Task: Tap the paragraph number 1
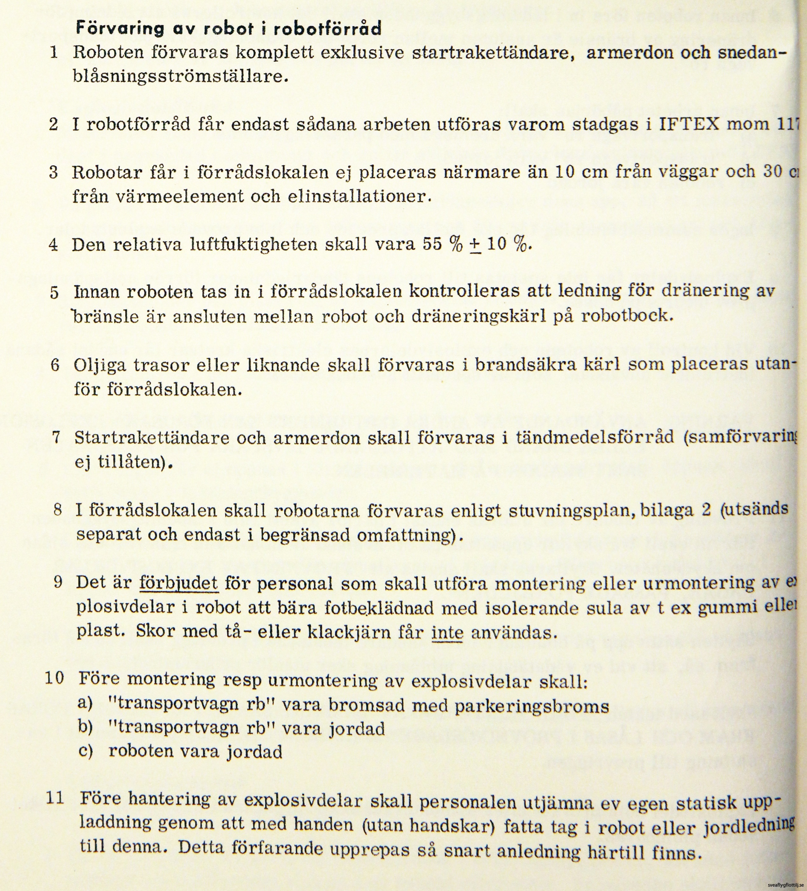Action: [x=54, y=53]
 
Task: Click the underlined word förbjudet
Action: [x=178, y=583]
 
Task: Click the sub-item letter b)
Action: [x=85, y=727]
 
